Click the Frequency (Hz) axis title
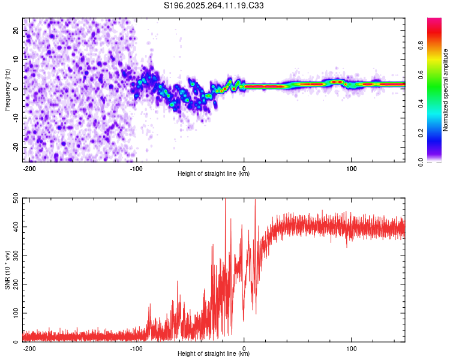[x=7, y=90]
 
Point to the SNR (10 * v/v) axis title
[x=7, y=270]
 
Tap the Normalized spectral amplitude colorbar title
[x=446, y=90]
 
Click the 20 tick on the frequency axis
[x=16, y=29]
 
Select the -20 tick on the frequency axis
[x=15, y=147]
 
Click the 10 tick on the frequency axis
[x=16, y=59]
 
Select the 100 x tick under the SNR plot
[x=351, y=348]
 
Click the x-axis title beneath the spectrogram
[x=214, y=174]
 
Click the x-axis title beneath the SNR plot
[x=214, y=354]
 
